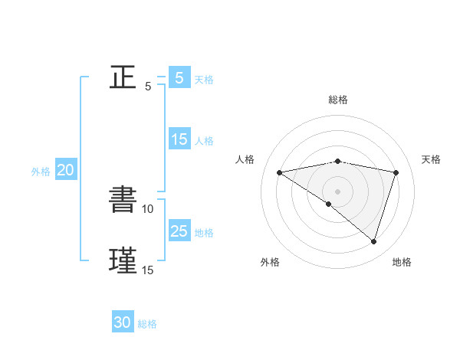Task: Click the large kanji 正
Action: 123,77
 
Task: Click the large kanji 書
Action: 123,200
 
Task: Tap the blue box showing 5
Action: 179,78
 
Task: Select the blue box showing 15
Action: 179,139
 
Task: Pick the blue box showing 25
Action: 179,231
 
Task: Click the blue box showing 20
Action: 65,170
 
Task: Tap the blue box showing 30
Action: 123,322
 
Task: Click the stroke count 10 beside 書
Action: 148,208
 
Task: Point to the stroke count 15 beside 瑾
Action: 147,270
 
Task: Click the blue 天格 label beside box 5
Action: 204,80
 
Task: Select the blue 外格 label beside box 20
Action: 41,172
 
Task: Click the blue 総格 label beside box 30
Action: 147,324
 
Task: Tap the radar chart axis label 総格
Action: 337,100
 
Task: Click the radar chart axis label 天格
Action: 432,159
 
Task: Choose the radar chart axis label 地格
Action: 402,263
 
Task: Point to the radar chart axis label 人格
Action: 245,159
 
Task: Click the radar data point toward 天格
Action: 396,172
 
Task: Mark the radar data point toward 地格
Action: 373,241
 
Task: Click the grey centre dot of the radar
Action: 337,191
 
